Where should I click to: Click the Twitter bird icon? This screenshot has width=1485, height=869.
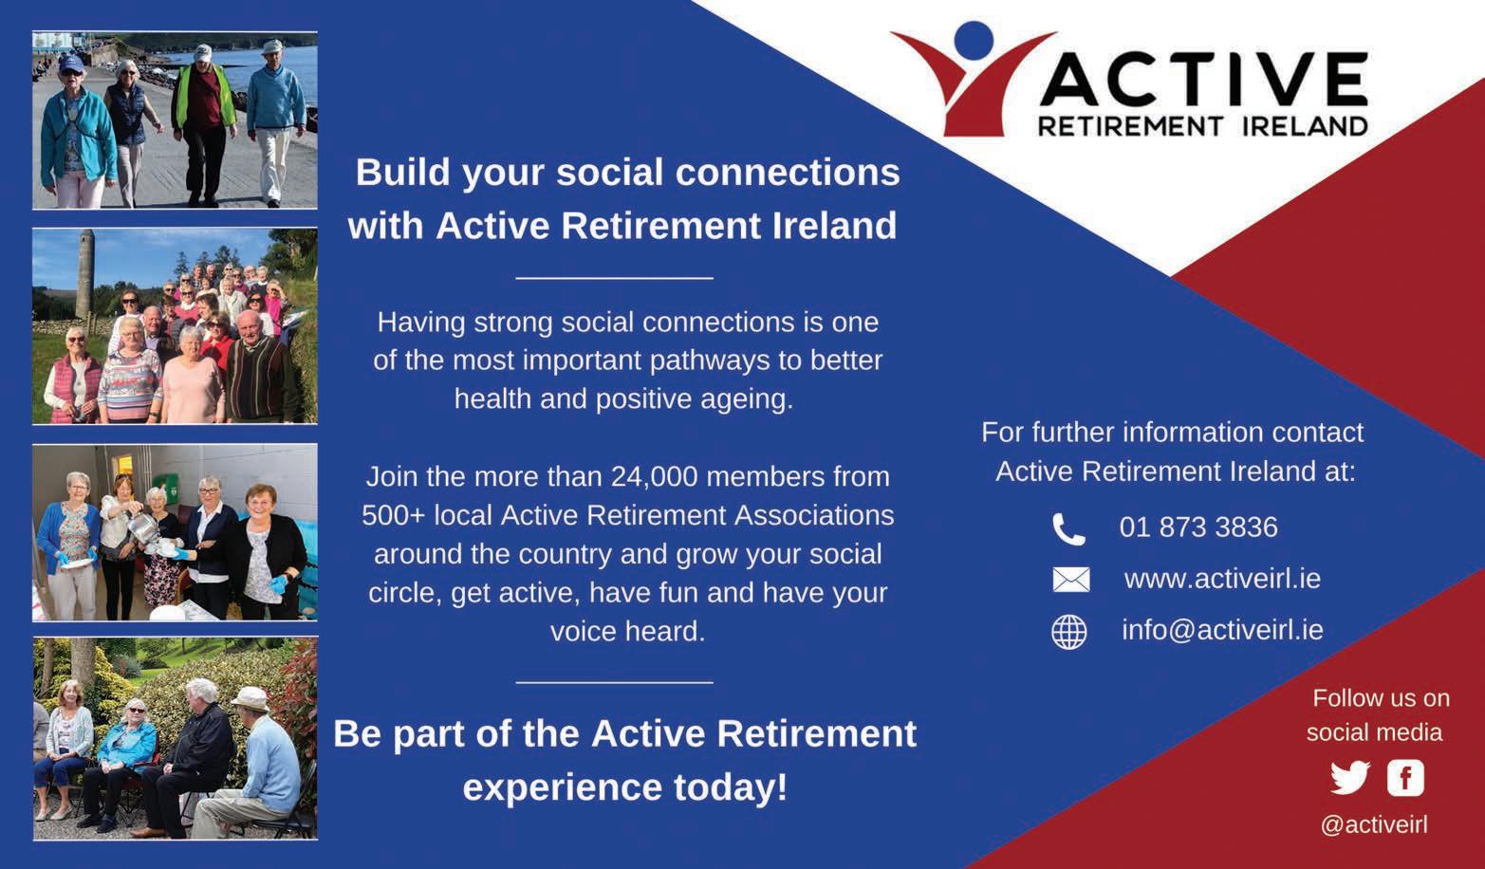[1350, 777]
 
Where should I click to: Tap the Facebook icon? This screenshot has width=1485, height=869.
[1405, 777]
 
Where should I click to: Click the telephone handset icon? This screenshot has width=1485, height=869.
[1068, 529]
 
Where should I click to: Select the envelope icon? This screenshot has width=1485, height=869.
[1070, 580]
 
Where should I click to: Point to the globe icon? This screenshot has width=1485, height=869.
[1068, 632]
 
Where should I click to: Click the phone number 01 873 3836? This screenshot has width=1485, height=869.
[1198, 527]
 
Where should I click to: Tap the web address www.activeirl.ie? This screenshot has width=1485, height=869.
[1222, 580]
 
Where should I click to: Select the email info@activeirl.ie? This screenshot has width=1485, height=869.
[1222, 630]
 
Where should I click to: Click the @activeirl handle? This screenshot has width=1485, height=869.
[1374, 825]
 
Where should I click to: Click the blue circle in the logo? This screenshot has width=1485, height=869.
[974, 42]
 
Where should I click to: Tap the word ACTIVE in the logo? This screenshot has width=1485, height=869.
[1203, 80]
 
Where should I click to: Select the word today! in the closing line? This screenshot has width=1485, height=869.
[731, 788]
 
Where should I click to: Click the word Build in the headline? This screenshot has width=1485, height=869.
[403, 173]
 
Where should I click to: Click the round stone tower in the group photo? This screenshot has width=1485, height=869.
[84, 274]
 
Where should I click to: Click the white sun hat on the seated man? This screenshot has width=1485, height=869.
[250, 698]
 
